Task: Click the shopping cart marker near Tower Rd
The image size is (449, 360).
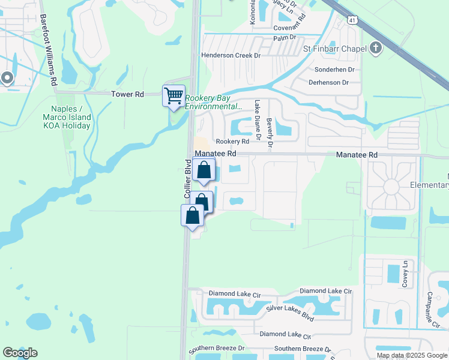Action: [x=173, y=95]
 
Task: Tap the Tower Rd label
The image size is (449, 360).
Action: [x=128, y=94]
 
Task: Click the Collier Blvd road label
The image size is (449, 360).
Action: [x=187, y=179]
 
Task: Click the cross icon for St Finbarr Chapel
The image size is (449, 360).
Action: [x=376, y=48]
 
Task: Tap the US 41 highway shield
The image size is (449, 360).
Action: [x=350, y=20]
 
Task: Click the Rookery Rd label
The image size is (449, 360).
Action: [x=232, y=142]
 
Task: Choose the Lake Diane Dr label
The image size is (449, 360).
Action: [x=258, y=120]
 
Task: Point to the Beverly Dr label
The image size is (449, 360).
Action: [x=270, y=132]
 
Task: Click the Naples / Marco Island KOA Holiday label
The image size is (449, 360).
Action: [x=67, y=117]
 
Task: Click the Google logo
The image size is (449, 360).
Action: [x=20, y=353]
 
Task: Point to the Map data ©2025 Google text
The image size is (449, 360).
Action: [x=411, y=355]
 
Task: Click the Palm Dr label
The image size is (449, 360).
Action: [x=285, y=37]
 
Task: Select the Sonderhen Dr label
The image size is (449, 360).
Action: [x=334, y=70]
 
